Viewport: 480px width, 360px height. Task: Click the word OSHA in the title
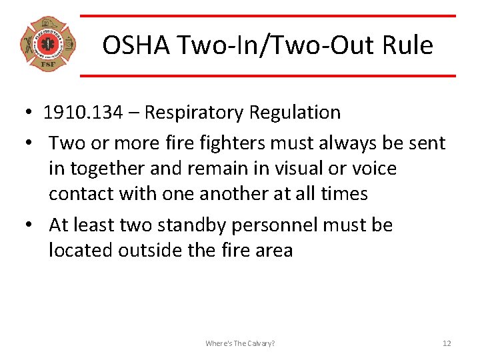[130, 45]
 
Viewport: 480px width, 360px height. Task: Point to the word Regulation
[295, 112]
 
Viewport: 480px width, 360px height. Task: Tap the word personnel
[275, 226]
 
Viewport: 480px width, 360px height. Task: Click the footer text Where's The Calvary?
[240, 343]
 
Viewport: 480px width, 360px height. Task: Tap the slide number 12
[447, 343]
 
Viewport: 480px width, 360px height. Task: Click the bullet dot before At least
[31, 225]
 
